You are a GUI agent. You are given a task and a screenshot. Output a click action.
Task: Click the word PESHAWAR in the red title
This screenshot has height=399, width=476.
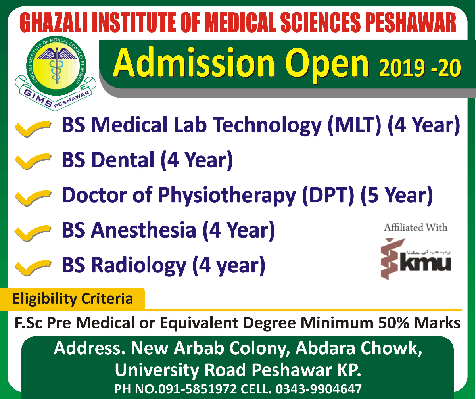411,23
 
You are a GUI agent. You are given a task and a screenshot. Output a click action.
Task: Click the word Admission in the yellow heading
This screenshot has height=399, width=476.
194,63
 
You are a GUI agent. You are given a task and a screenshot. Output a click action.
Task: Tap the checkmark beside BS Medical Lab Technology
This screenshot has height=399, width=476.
33,129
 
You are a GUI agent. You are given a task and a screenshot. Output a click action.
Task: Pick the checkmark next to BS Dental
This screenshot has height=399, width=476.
33,161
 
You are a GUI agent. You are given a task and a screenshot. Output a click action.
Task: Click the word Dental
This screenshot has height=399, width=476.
123,159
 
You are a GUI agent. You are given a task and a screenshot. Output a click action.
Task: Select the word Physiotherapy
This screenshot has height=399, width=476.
227,196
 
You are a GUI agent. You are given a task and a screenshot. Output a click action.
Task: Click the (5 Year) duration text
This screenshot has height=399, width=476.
397,195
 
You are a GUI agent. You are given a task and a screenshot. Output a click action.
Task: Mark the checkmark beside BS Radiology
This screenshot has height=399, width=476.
33,268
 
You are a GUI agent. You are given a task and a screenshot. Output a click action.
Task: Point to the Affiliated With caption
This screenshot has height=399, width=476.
416,228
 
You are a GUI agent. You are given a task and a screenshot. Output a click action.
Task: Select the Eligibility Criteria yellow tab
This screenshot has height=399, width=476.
72,299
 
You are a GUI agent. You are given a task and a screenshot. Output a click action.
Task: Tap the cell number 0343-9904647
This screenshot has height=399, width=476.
319,389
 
